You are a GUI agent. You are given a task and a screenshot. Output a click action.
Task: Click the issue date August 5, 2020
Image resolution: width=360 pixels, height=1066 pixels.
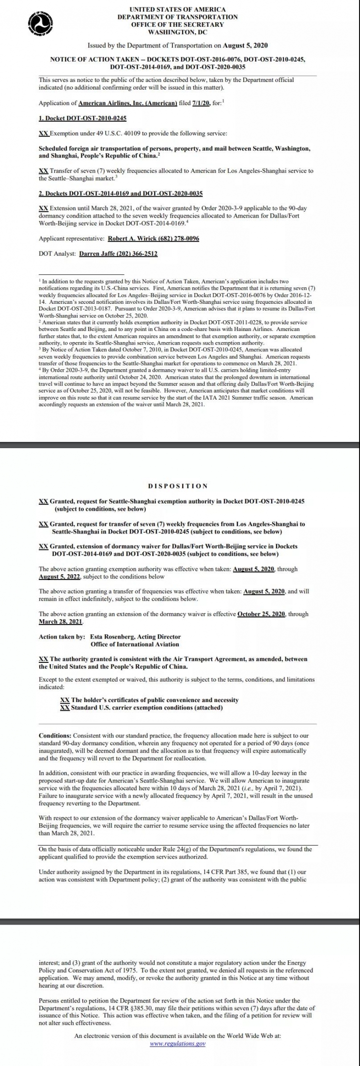point(245,46)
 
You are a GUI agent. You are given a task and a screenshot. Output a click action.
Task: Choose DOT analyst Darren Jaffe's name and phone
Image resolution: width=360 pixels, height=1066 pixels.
point(118,253)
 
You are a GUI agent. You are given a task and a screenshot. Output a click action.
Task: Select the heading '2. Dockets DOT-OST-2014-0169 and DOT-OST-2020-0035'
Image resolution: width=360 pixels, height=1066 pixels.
point(121,193)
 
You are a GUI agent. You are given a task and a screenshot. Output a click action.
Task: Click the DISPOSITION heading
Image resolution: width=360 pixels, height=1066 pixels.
point(177,486)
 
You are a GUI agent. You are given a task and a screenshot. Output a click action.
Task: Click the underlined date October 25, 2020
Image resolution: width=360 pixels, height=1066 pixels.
point(262,614)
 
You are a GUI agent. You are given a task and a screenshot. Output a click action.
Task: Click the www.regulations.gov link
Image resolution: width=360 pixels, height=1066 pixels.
point(178,1043)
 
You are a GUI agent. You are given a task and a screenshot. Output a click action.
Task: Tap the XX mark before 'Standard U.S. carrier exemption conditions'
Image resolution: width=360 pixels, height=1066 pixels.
point(64,707)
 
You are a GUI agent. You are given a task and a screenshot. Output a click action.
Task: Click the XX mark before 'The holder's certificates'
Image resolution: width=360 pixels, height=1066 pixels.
point(64,700)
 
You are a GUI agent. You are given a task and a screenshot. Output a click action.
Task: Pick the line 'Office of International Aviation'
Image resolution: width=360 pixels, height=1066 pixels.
point(135,644)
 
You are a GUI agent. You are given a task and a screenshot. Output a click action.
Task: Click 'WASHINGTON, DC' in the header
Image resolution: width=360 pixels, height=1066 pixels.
point(177,32)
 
